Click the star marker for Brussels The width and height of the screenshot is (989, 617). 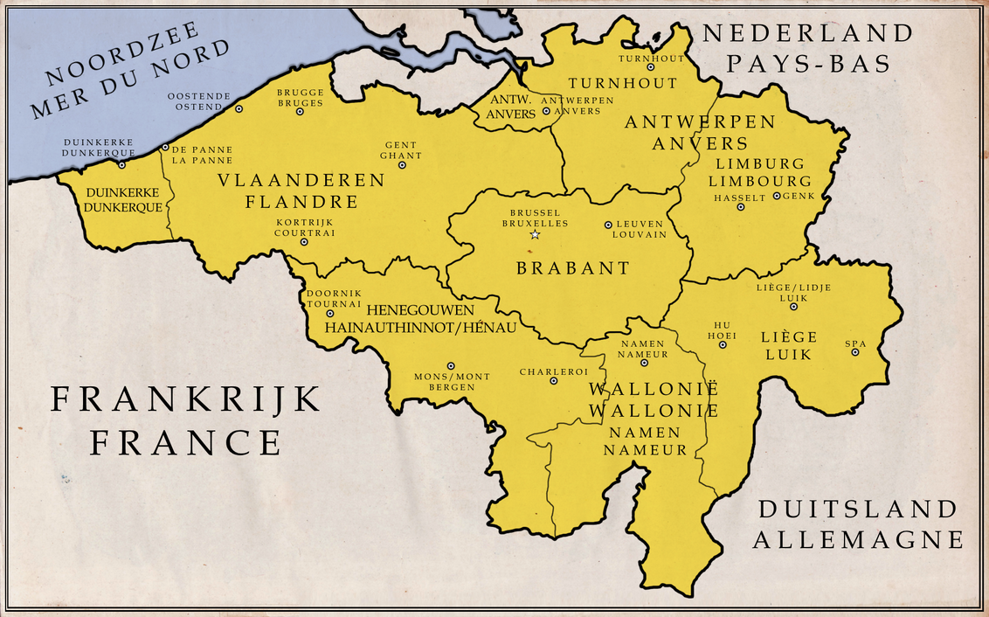pyautogui.click(x=535, y=234)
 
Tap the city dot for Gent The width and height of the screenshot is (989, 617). pyautogui.click(x=402, y=164)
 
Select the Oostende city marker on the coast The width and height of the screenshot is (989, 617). pyautogui.click(x=239, y=109)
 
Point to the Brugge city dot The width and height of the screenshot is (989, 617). pyautogui.click(x=300, y=111)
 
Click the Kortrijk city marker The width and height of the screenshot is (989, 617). pyautogui.click(x=304, y=242)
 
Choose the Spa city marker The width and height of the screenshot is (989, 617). pyautogui.click(x=855, y=351)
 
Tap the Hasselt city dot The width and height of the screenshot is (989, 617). pyautogui.click(x=741, y=207)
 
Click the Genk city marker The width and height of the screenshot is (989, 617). pyautogui.click(x=776, y=197)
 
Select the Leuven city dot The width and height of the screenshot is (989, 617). pyautogui.click(x=608, y=225)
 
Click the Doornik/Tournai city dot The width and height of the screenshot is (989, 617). pyautogui.click(x=329, y=313)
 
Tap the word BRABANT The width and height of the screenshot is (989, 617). pyautogui.click(x=572, y=268)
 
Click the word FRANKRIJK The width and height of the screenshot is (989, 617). pyautogui.click(x=185, y=399)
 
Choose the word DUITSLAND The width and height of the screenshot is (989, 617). pyautogui.click(x=857, y=509)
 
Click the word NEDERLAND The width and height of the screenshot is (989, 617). pyautogui.click(x=808, y=33)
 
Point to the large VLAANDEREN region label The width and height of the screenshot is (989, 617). pyautogui.click(x=301, y=180)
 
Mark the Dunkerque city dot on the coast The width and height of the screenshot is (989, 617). pyautogui.click(x=121, y=164)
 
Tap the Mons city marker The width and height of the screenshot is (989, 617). pyautogui.click(x=451, y=366)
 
